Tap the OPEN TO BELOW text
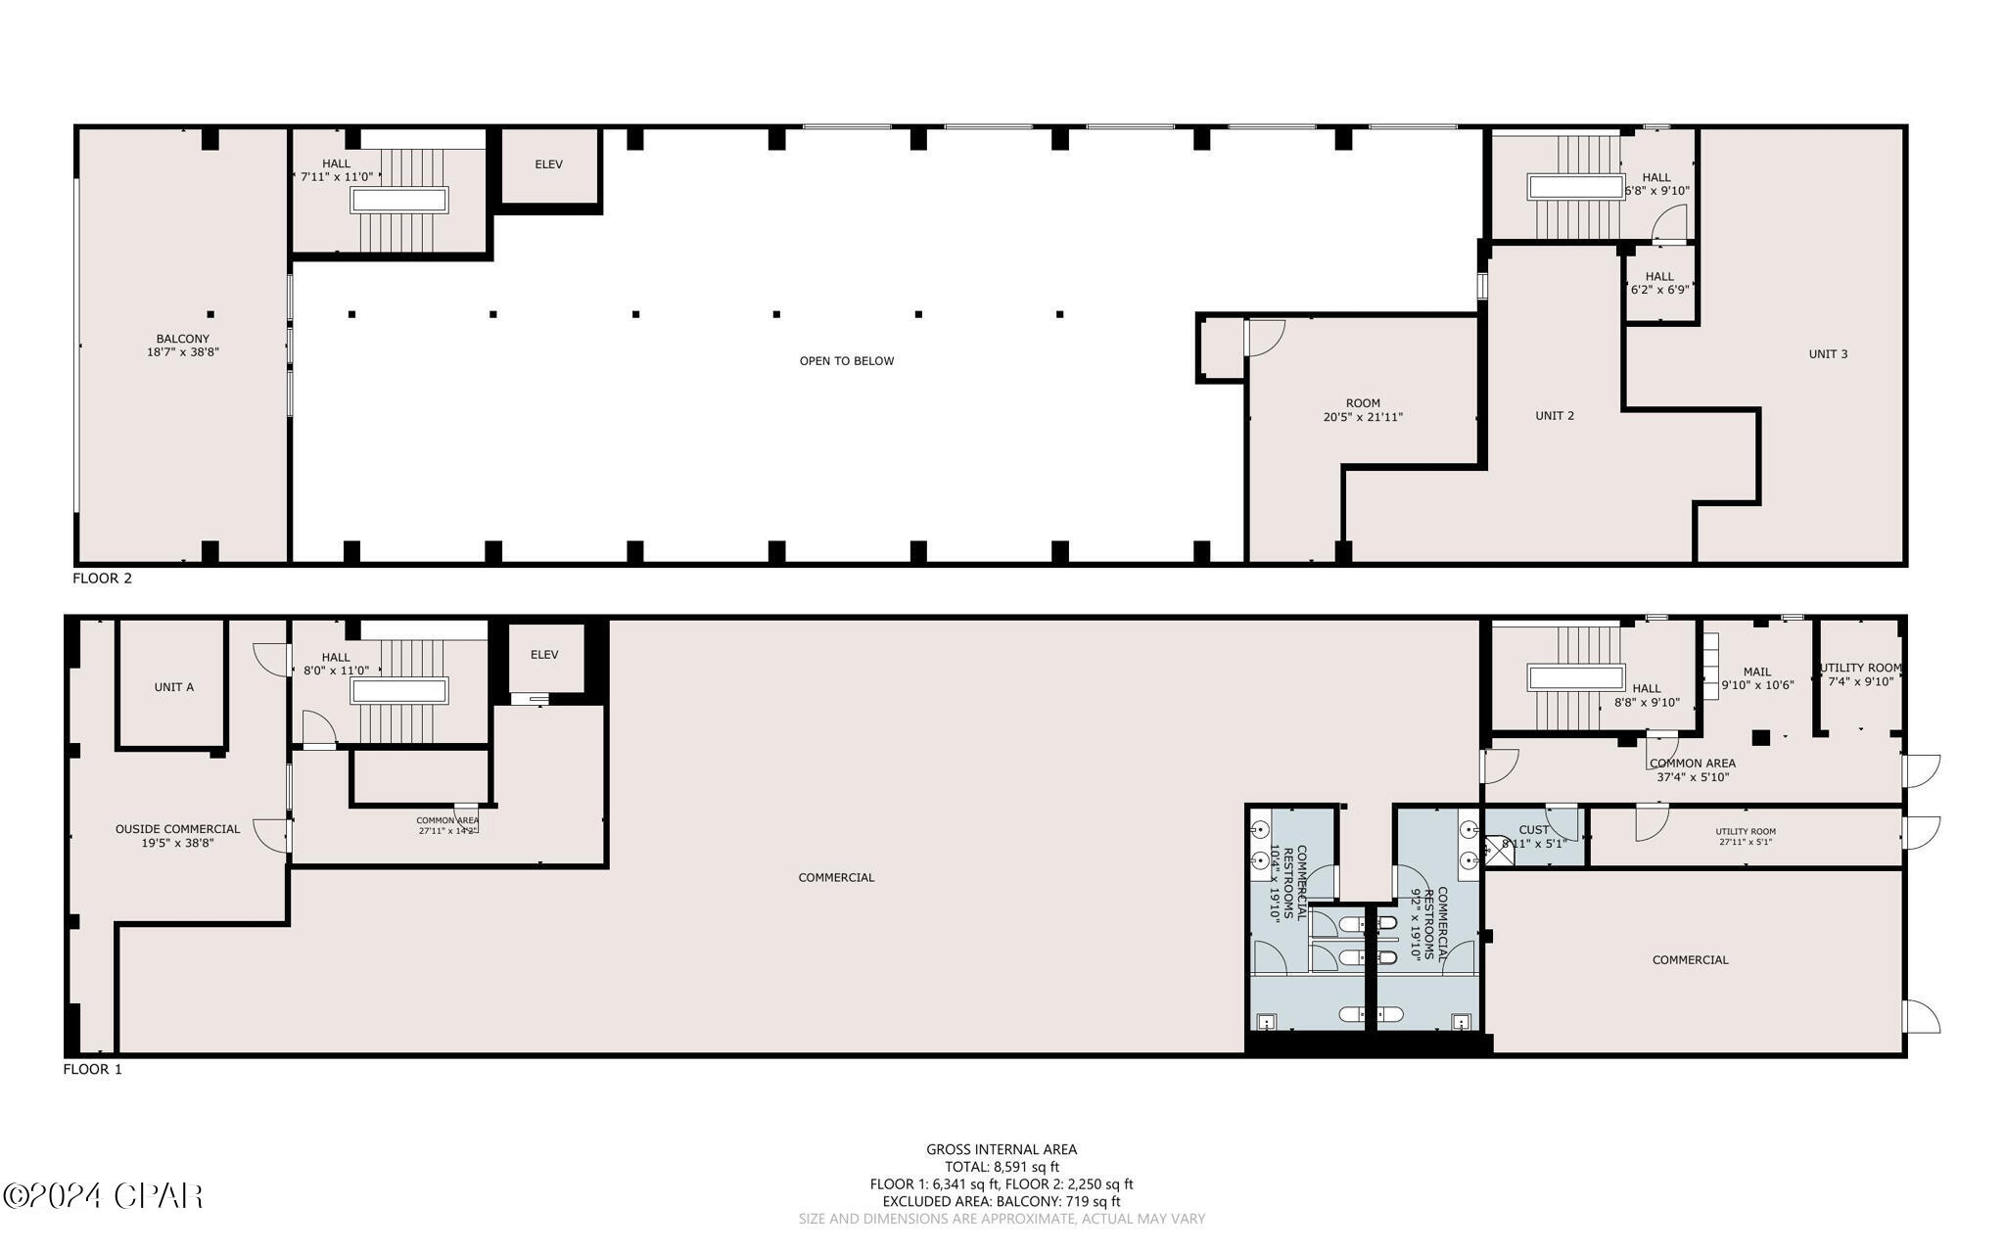[847, 361]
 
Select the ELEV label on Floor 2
[548, 164]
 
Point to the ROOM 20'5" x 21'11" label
[1363, 410]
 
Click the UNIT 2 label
[1555, 416]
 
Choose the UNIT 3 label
[1828, 354]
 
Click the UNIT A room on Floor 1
[174, 687]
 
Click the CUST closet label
[1534, 830]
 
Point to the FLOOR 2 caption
[102, 579]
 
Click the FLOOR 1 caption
[93, 1070]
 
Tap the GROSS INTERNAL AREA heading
[1002, 1150]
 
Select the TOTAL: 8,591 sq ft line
[1002, 1167]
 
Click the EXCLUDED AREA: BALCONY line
[1002, 1201]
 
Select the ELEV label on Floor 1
[544, 655]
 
